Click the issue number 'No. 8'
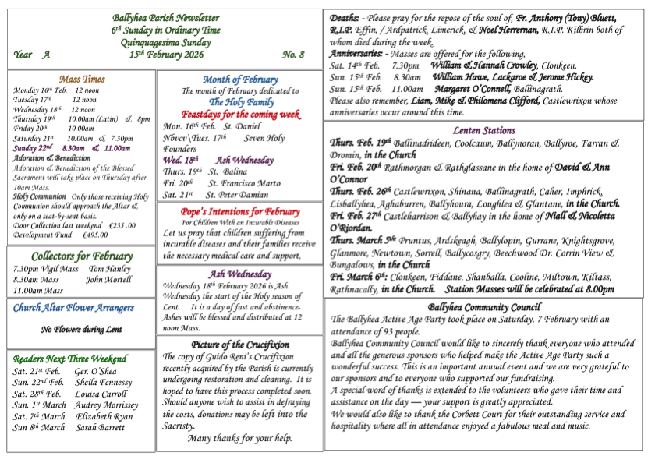click(x=293, y=55)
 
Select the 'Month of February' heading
click(x=239, y=80)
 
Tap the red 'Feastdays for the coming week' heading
click(x=240, y=114)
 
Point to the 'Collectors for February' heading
click(x=81, y=256)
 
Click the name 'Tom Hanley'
click(x=110, y=269)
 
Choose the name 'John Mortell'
click(x=110, y=280)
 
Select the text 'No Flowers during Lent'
click(x=81, y=330)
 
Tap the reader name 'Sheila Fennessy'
click(x=104, y=383)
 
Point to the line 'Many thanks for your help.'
click(x=240, y=438)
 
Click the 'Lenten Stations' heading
click(x=483, y=131)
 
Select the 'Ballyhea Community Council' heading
click(x=483, y=308)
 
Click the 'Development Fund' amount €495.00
click(x=95, y=235)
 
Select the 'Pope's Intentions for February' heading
click(x=240, y=212)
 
